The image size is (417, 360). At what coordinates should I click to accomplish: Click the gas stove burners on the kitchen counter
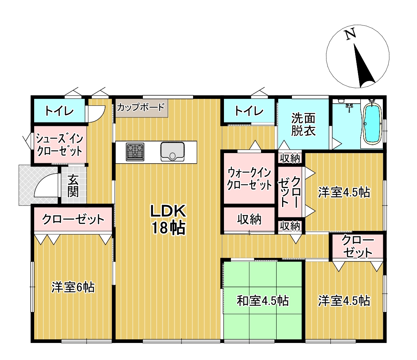click(x=135, y=151)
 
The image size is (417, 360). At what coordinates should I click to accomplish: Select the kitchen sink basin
click(x=172, y=151)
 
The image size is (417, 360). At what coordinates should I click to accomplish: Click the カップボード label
click(x=141, y=108)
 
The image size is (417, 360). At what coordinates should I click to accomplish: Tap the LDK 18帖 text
click(x=168, y=219)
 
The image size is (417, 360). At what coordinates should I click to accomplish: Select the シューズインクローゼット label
click(x=59, y=145)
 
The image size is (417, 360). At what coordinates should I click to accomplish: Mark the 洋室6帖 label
click(x=73, y=287)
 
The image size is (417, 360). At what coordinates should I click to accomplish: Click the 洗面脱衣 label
click(x=303, y=125)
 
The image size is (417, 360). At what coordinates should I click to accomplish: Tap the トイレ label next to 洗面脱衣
click(x=249, y=111)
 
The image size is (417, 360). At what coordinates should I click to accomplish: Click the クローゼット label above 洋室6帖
click(x=73, y=220)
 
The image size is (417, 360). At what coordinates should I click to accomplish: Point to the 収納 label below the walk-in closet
click(x=249, y=219)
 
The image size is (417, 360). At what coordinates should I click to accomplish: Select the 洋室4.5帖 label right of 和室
click(x=344, y=301)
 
